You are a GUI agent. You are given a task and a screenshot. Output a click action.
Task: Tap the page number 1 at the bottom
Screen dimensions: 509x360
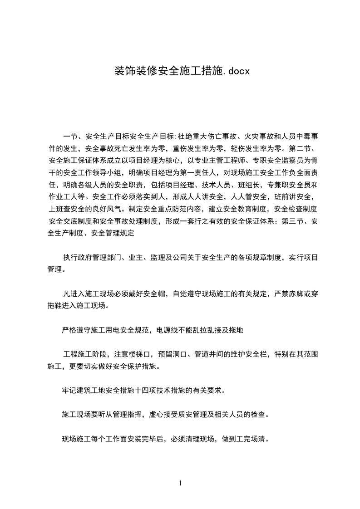pyautogui.click(x=180, y=483)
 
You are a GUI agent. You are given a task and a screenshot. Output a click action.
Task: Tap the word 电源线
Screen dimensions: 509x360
pyautogui.click(x=168, y=330)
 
